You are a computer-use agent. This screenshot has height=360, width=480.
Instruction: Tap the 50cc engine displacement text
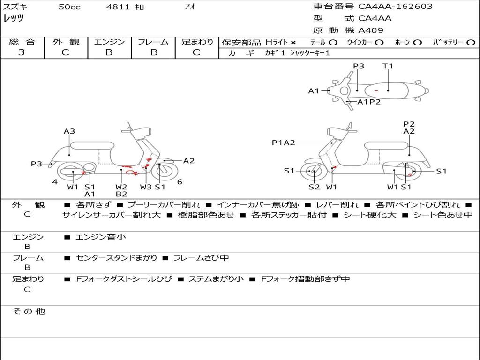tap(69, 7)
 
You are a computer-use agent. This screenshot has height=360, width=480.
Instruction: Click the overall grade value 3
tap(22, 52)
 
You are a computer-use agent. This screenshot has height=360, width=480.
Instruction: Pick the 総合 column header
tap(22, 42)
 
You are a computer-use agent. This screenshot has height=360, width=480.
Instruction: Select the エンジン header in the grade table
tap(109, 42)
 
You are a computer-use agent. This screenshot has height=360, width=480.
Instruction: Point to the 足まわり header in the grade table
tap(197, 42)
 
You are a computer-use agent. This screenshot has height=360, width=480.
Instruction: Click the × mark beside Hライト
tap(293, 43)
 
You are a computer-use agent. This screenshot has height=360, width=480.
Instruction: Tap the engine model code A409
tap(371, 30)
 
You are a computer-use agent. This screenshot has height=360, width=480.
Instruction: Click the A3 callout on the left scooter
tap(69, 132)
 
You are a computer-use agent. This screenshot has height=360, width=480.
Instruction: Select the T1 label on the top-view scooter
tap(388, 66)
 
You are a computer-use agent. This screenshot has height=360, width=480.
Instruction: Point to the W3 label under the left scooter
tap(146, 187)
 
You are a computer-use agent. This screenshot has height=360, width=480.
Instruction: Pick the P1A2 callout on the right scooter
tap(284, 143)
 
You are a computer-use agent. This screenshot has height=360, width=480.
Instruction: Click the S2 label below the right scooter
tap(314, 187)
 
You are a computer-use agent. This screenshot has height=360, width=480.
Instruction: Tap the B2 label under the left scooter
tap(121, 194)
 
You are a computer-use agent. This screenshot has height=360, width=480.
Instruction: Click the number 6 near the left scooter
tap(180, 182)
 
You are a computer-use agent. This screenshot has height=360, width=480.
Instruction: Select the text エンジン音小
tap(101, 237)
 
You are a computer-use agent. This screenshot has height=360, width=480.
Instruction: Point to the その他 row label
tap(29, 311)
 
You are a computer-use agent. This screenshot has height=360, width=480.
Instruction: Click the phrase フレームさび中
tap(201, 258)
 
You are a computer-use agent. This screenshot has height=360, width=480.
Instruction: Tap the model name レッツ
tap(14, 19)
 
